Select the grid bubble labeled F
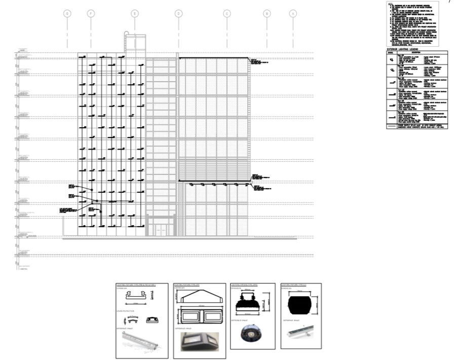pos(91,14)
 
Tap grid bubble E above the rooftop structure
pos(134,14)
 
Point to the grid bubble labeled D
pos(178,14)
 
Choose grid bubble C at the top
pos(227,14)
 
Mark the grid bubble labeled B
pos(267,14)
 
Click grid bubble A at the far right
pos(292,14)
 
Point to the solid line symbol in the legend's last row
pos(392,126)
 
